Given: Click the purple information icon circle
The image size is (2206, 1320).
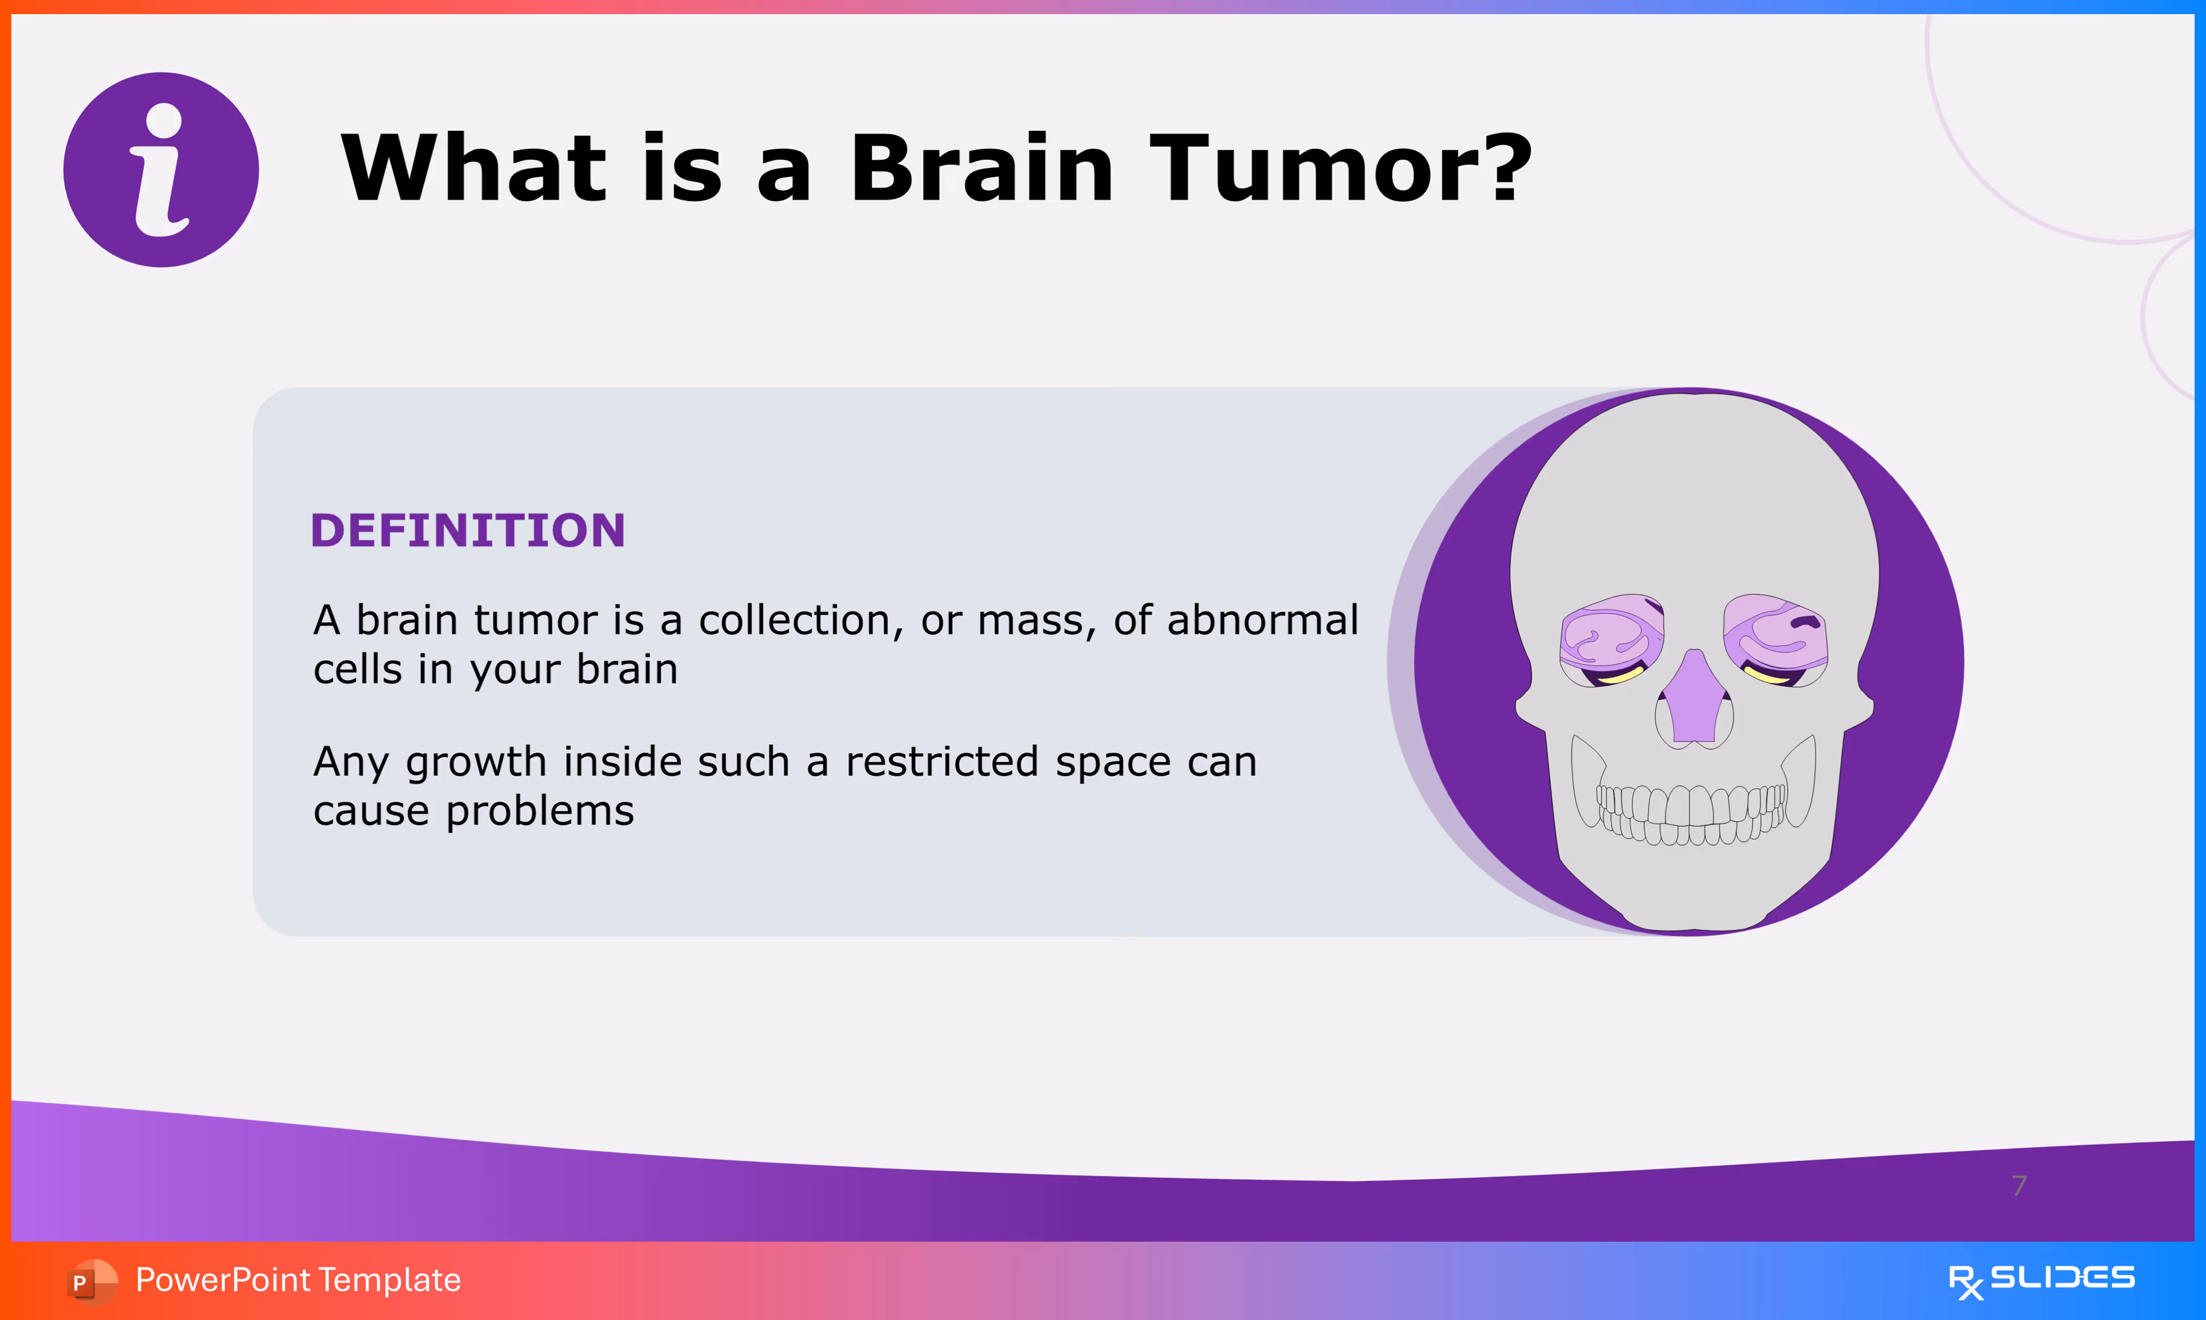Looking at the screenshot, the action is pyautogui.click(x=161, y=170).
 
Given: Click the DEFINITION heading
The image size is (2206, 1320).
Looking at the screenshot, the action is pyautogui.click(x=468, y=531).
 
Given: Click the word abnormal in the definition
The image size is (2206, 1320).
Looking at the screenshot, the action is pyautogui.click(x=1263, y=620).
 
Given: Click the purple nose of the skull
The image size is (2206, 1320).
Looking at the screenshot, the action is pyautogui.click(x=1695, y=697).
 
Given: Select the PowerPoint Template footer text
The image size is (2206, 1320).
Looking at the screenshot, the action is pyautogui.click(x=298, y=1280).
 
